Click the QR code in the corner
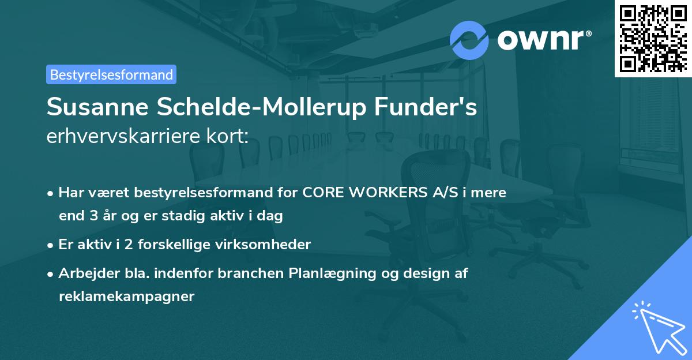653,38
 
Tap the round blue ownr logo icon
469,40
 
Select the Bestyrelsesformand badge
111,74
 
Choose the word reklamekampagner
127,297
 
